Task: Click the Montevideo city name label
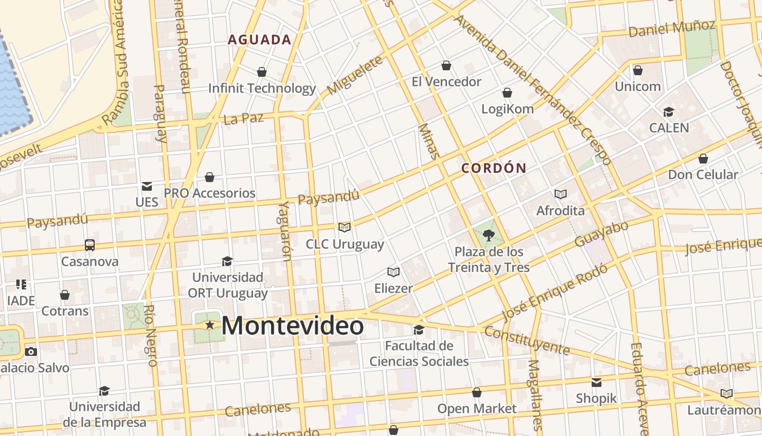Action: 292,326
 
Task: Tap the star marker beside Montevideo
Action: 210,325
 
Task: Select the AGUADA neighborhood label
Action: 260,40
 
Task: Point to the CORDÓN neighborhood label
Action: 494,168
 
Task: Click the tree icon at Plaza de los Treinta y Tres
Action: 489,235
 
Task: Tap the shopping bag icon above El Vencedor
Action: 446,65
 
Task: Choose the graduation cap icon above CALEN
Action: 668,112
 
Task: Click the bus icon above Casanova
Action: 90,245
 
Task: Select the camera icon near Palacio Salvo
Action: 31,352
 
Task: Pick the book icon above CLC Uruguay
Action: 345,227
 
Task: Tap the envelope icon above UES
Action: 146,186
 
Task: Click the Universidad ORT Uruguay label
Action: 228,285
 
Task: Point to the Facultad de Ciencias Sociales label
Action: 419,353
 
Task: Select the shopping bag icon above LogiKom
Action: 507,93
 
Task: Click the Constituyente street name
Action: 526,340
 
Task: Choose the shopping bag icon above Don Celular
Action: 703,159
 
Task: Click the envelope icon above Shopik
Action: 597,382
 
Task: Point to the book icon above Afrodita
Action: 560,194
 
